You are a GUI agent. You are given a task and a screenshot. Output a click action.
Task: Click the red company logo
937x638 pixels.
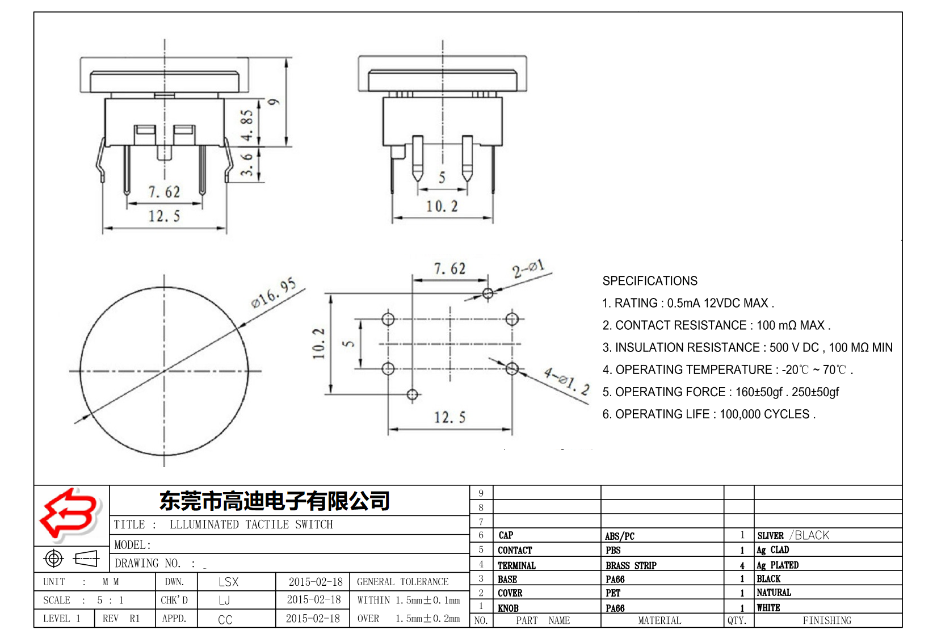pyautogui.click(x=69, y=514)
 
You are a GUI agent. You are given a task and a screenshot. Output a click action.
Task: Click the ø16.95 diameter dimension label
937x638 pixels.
pyautogui.click(x=274, y=293)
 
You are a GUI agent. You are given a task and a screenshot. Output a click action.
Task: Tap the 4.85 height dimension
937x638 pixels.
pyautogui.click(x=247, y=125)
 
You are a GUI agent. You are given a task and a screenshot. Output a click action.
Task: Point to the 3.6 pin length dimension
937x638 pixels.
pyautogui.click(x=247, y=164)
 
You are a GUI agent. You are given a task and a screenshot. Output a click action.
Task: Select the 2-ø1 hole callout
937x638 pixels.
pyautogui.click(x=528, y=269)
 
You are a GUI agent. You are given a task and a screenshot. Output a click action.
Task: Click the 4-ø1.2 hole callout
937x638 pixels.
pyautogui.click(x=566, y=381)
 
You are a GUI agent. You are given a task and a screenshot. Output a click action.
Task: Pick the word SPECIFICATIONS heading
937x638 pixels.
pyautogui.click(x=650, y=281)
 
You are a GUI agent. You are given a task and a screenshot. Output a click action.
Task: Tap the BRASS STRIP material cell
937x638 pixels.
pyautogui.click(x=631, y=565)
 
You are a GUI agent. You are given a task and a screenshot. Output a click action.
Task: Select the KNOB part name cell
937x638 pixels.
pyautogui.click(x=508, y=608)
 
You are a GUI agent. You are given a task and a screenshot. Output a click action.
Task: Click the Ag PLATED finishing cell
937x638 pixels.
pyautogui.click(x=778, y=565)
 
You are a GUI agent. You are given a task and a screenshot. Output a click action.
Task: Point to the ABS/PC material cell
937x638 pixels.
pyautogui.click(x=619, y=536)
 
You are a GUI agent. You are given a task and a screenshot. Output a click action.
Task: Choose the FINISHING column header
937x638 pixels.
pyautogui.click(x=827, y=620)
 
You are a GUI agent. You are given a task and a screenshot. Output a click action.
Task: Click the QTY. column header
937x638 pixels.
pyautogui.click(x=737, y=620)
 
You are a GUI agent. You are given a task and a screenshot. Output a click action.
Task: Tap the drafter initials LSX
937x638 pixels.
pyautogui.click(x=228, y=582)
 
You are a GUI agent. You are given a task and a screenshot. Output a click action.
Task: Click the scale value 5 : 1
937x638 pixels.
pyautogui.click(x=110, y=600)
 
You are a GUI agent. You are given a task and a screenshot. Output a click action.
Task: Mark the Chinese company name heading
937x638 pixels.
pyautogui.click(x=275, y=501)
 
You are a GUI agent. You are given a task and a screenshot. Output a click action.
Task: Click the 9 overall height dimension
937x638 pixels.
pyautogui.click(x=274, y=102)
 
